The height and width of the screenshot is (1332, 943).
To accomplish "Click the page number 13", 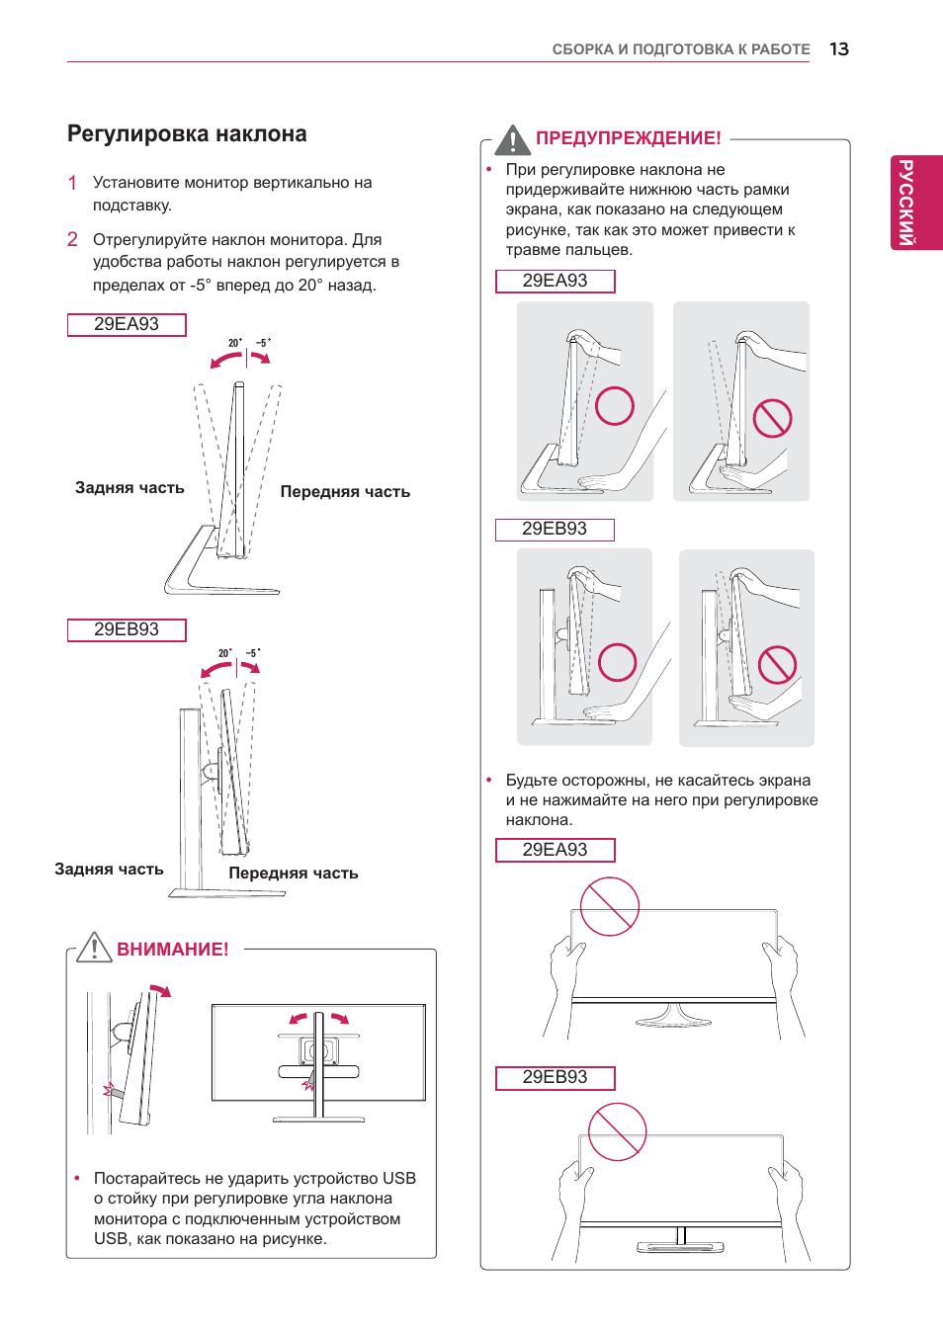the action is (x=839, y=48).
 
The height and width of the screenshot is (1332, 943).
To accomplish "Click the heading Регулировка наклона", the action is (x=187, y=133).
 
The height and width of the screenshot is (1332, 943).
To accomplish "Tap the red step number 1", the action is (x=72, y=183).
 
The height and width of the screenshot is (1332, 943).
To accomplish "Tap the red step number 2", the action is (x=72, y=239).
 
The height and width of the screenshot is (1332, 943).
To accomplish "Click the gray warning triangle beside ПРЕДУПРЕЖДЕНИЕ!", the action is (x=512, y=140).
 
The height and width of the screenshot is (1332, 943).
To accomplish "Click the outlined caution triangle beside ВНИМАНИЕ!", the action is (x=94, y=948).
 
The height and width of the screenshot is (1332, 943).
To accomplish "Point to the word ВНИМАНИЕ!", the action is (x=173, y=949).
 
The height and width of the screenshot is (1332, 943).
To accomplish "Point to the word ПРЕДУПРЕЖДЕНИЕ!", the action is (x=629, y=138).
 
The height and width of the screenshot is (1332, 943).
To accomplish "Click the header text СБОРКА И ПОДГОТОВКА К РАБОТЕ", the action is (x=681, y=49).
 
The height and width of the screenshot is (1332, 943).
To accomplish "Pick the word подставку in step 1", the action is (x=132, y=206).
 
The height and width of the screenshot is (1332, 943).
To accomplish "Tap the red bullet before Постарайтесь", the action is (x=77, y=1178).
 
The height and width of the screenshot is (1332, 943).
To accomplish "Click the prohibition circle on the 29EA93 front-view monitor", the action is (x=609, y=907).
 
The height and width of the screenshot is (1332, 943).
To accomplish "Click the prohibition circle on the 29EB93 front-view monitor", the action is (x=618, y=1131).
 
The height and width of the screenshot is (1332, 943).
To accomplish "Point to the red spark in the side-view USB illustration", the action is (x=109, y=1089).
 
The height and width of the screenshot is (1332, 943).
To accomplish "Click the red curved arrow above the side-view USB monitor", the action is (x=161, y=989).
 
